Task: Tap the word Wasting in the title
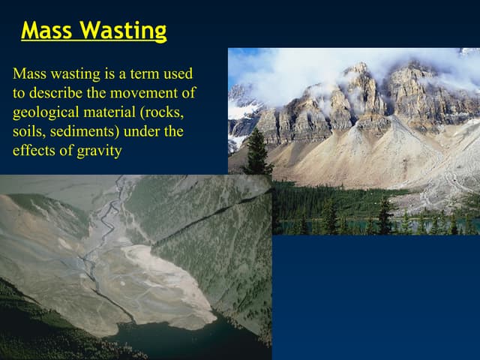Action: pyautogui.click(x=123, y=31)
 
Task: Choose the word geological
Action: pyautogui.click(x=43, y=112)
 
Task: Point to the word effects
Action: pyautogui.click(x=33, y=150)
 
